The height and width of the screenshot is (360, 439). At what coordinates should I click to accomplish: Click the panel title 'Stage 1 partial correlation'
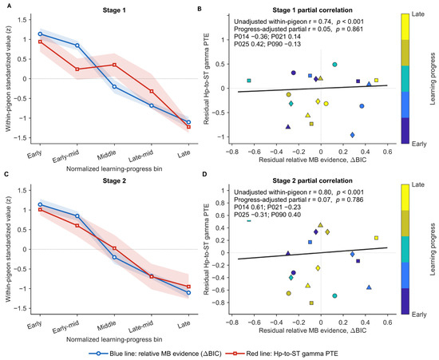312,10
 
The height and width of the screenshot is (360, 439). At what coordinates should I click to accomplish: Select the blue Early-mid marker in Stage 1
77,45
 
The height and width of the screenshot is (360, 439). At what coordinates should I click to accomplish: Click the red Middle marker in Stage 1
114,65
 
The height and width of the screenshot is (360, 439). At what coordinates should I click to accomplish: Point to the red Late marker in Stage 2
188,287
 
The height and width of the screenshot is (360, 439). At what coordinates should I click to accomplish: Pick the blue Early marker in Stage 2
40,204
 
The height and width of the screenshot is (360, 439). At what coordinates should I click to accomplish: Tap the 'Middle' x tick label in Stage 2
107,326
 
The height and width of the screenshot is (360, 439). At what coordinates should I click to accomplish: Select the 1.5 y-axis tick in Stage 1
22,20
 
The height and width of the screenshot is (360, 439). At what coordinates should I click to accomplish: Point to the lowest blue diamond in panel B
352,135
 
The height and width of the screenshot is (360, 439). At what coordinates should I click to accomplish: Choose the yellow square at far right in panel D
376,238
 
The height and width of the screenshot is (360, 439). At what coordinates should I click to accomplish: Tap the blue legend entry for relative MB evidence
156,354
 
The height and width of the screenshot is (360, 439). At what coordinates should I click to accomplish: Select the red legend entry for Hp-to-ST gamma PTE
282,354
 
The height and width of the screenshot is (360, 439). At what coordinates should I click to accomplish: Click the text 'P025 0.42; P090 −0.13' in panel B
267,44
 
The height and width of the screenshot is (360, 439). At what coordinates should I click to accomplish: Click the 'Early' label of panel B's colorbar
419,144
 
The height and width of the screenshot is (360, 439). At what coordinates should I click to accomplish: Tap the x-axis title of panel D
312,330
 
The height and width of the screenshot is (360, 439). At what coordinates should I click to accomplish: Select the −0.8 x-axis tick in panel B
231,152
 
